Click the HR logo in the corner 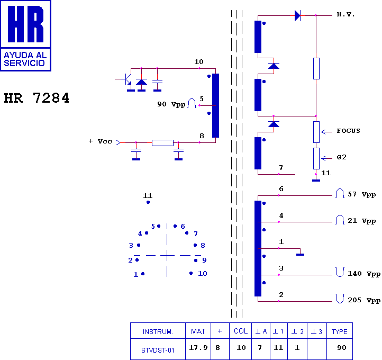click(x=25, y=35)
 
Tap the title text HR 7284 click(x=37, y=98)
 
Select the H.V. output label click(x=346, y=15)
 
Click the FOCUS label click(x=348, y=131)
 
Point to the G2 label click(x=341, y=157)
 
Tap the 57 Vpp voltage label click(x=361, y=194)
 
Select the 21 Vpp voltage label click(x=361, y=221)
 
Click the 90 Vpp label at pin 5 click(x=171, y=104)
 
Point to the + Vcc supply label click(x=101, y=141)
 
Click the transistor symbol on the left click(x=127, y=79)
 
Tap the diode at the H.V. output click(x=297, y=15)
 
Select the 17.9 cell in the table click(x=198, y=348)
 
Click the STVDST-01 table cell click(x=158, y=349)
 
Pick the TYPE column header click(x=339, y=331)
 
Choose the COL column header click(x=241, y=331)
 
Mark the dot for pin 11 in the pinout click(x=148, y=202)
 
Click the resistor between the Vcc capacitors click(x=162, y=142)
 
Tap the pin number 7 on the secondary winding click(x=281, y=168)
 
